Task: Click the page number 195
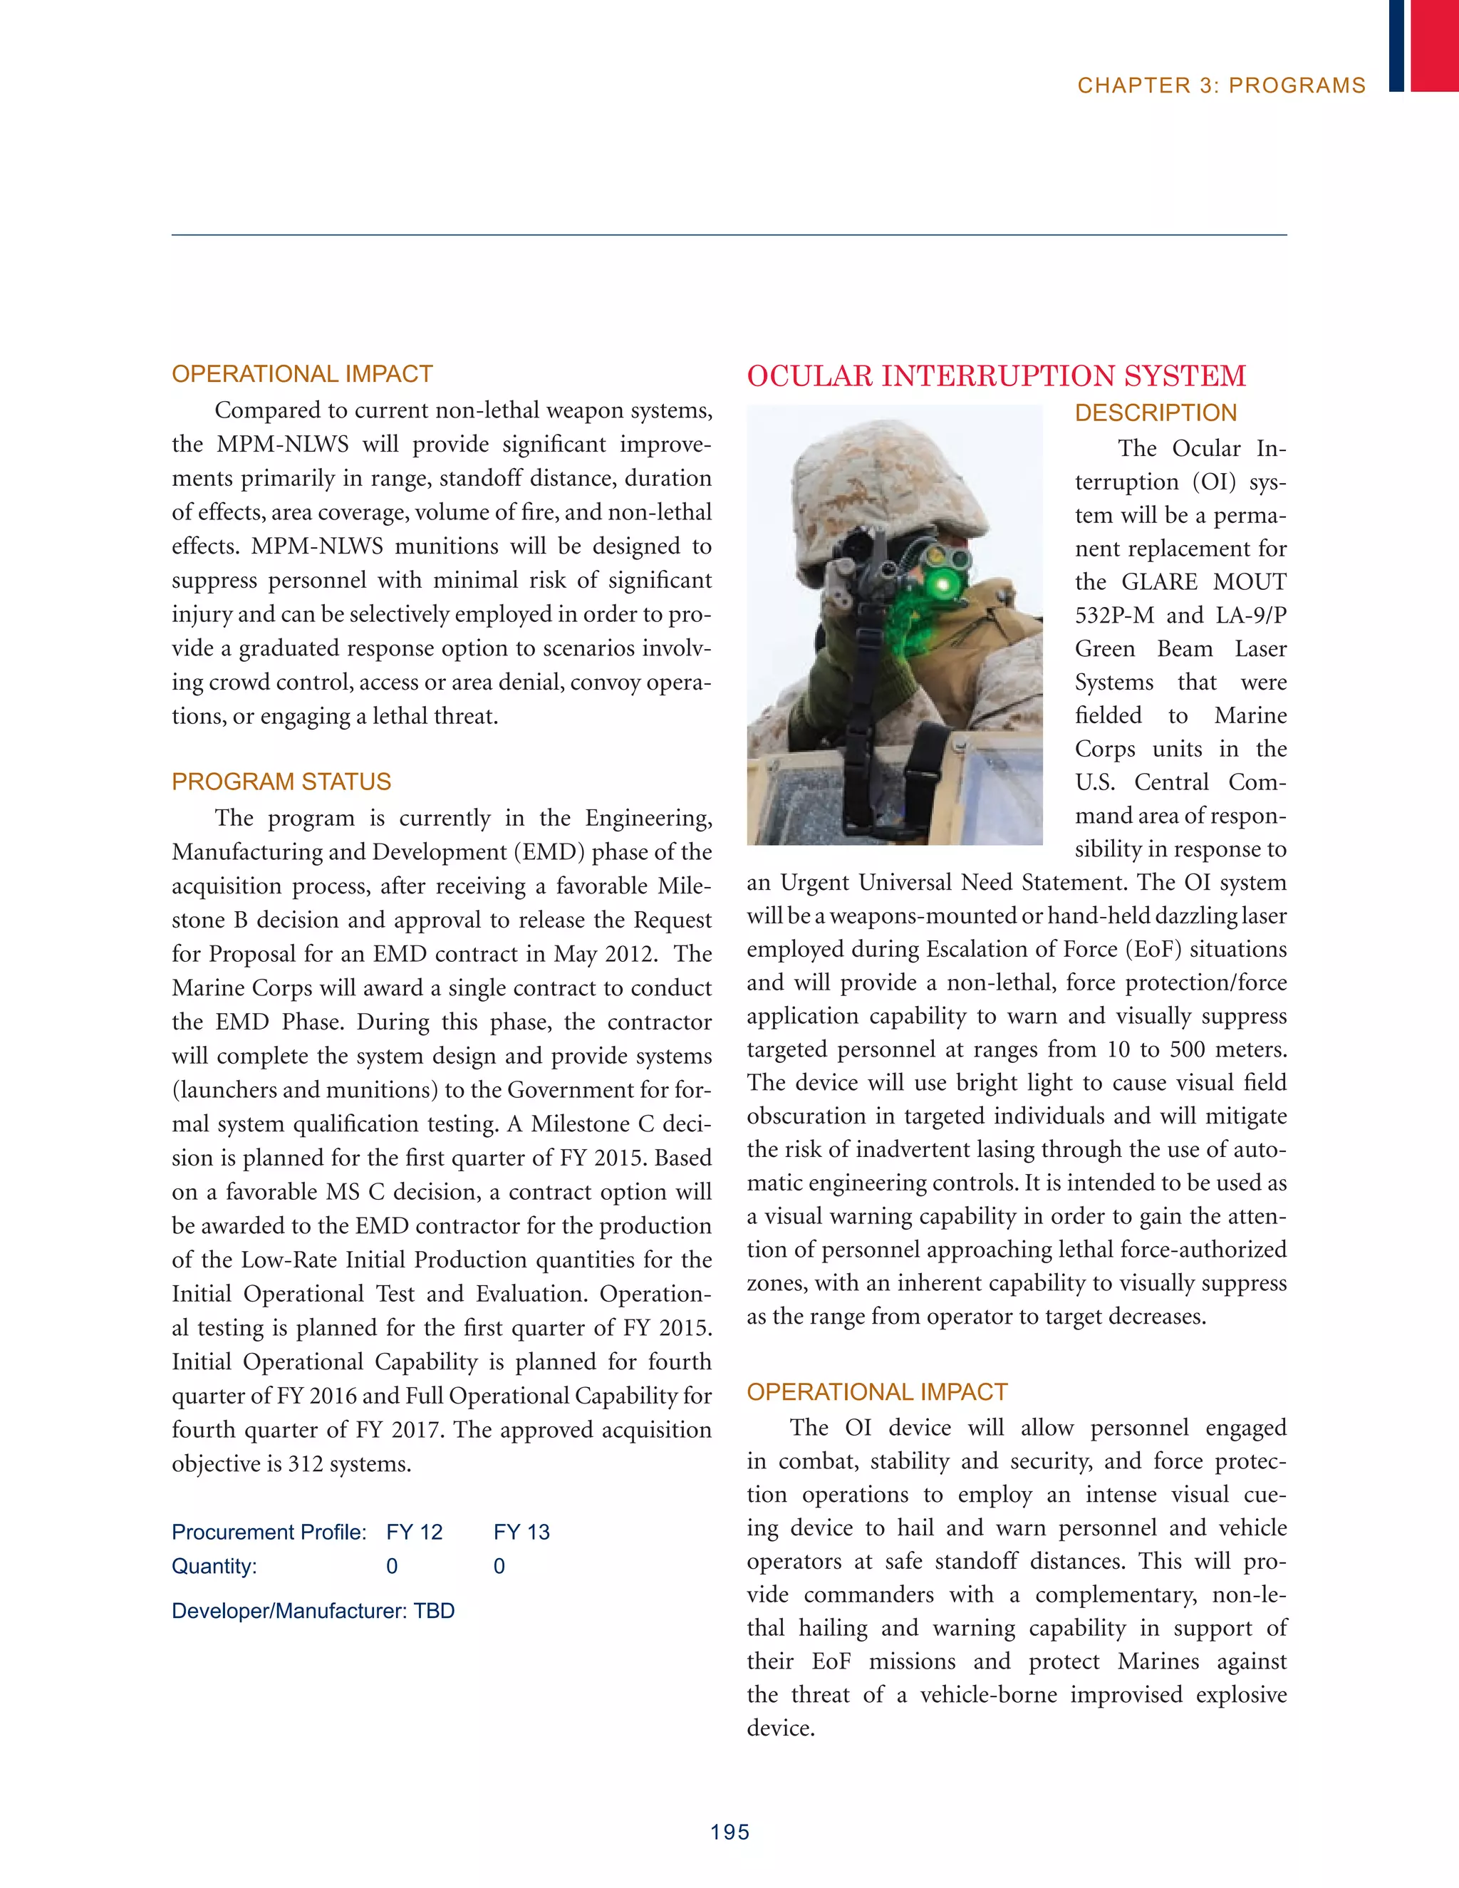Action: [729, 1832]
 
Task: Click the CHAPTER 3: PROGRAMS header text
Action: [1220, 85]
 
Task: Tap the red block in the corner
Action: [1434, 44]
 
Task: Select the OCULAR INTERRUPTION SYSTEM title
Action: [996, 376]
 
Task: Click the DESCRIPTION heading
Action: [1156, 413]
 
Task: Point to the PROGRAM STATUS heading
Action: [281, 782]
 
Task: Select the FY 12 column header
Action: [414, 1532]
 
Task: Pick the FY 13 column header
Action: [521, 1532]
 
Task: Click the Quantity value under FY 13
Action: [499, 1567]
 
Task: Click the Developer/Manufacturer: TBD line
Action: [313, 1611]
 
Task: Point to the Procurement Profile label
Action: [269, 1532]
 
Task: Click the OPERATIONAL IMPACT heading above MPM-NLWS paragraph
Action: [301, 374]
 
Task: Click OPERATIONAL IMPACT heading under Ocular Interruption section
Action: [876, 1392]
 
